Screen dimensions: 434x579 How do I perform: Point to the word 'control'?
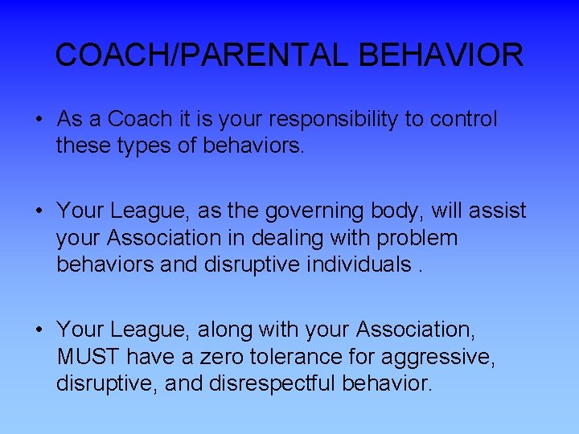tap(463, 119)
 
